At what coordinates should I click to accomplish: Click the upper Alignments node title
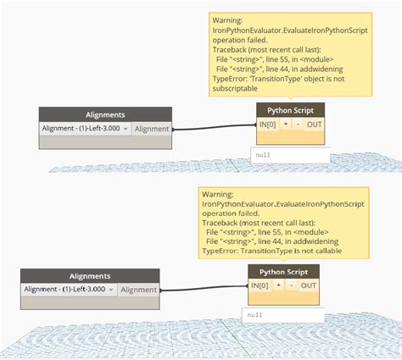(105, 114)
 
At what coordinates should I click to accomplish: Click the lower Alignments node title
(90, 276)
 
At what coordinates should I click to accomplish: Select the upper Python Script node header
(290, 110)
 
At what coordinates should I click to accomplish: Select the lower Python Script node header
(283, 272)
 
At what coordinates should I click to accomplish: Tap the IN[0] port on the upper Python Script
(267, 125)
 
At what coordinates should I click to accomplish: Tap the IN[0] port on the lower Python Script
(260, 285)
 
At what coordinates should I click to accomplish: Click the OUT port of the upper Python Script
(314, 125)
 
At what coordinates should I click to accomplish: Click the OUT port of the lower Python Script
(309, 285)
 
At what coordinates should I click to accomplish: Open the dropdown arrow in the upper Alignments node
(126, 129)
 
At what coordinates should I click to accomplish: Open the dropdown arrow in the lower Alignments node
(111, 290)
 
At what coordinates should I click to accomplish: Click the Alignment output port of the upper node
(152, 129)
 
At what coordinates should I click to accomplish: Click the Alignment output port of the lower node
(138, 290)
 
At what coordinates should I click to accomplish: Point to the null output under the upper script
(263, 155)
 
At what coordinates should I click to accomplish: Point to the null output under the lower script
(254, 315)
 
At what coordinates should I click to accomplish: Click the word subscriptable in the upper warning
(235, 89)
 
